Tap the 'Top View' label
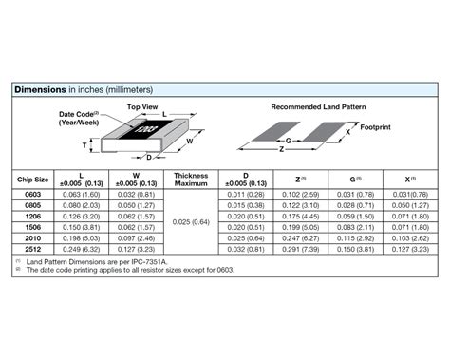pos(141,106)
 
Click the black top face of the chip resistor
pos(146,128)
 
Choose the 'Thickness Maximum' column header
pos(191,179)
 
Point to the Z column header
pos(301,179)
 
